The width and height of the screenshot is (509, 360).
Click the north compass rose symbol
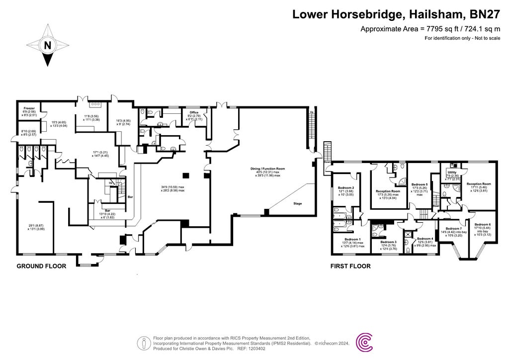point(48,46)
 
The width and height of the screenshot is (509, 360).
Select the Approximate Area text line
point(430,29)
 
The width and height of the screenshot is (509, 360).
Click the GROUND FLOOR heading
point(41,266)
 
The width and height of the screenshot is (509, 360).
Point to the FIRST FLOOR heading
point(350,266)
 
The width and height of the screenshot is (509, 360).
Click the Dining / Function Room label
point(265,169)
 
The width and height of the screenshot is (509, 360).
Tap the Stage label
point(297,203)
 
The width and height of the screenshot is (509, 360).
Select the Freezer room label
point(29,108)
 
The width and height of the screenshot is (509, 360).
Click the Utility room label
point(451,173)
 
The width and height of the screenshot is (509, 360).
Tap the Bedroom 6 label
point(483,224)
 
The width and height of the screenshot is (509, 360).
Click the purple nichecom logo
point(366,342)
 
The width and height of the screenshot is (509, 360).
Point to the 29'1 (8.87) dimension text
point(35,225)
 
